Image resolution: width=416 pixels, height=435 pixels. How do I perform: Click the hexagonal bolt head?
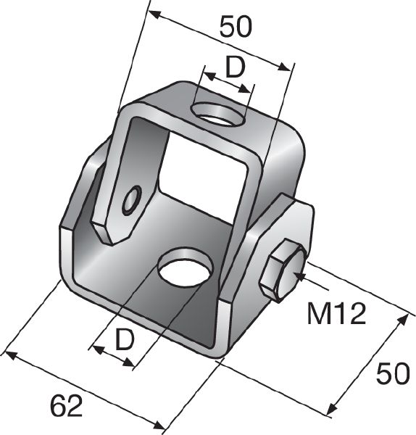(x=282, y=270)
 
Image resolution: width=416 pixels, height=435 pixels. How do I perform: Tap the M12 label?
(x=334, y=313)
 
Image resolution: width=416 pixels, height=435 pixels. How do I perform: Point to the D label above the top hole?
(x=233, y=67)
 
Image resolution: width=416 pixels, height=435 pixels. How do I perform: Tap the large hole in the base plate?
(x=186, y=269)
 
